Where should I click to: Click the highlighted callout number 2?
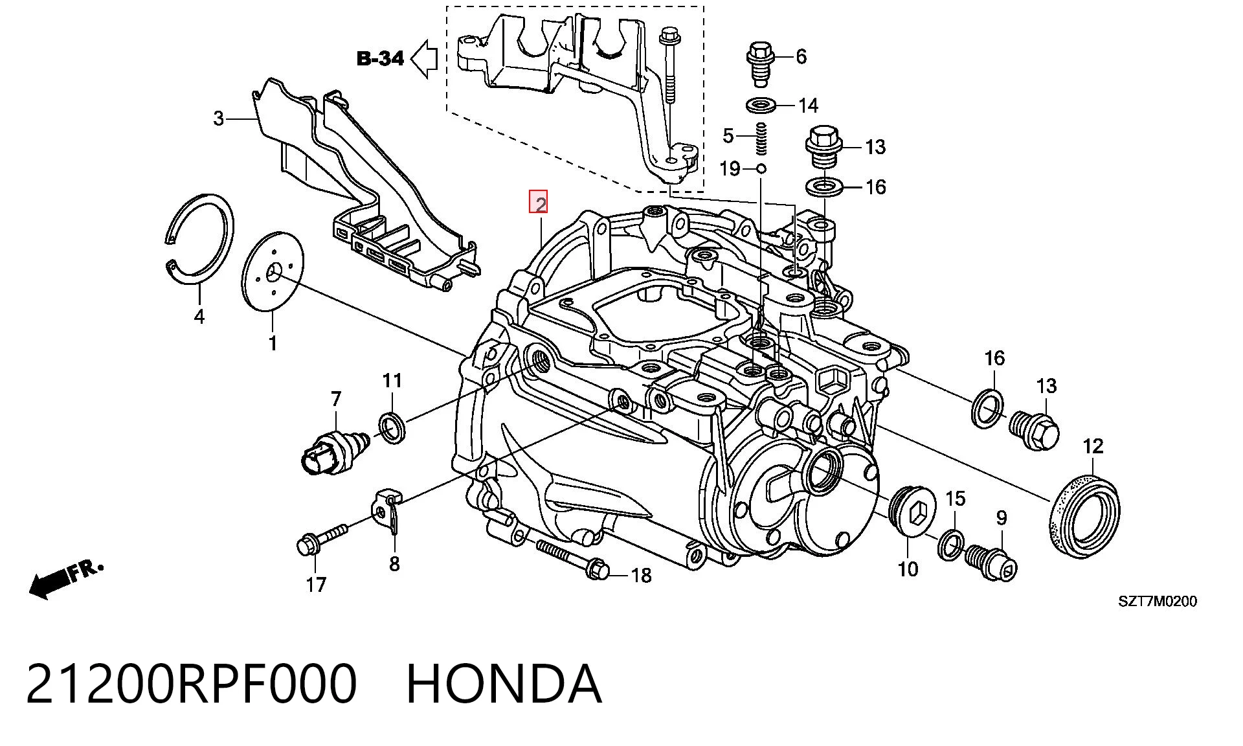coord(539,203)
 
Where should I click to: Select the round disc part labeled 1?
coord(273,273)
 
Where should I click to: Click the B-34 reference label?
coord(381,59)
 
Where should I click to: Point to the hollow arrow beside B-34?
coord(425,59)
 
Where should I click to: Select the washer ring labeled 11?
coord(392,427)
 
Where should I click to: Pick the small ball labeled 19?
coord(761,168)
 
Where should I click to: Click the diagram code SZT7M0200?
coord(1158,602)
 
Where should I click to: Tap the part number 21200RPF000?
coord(192,683)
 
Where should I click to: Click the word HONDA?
coord(504,683)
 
